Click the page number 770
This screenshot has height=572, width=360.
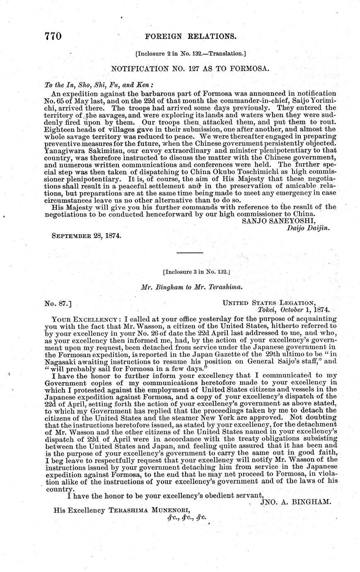point(53,36)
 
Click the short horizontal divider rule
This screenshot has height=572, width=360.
point(190,252)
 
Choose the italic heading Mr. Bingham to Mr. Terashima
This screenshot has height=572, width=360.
point(191,287)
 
